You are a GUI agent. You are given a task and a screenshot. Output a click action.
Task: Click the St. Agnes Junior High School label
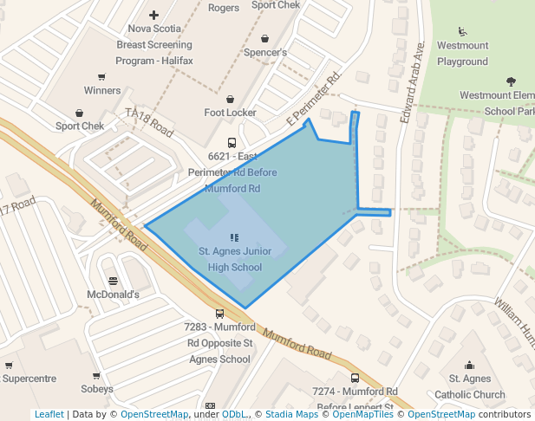pyautogui.click(x=234, y=259)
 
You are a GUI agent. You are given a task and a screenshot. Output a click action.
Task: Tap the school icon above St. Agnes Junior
pyautogui.click(x=234, y=236)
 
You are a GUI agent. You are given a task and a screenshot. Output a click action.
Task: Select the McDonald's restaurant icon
pyautogui.click(x=113, y=280)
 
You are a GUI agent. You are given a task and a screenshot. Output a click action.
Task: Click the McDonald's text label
pyautogui.click(x=113, y=295)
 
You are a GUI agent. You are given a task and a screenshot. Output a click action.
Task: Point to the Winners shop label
pyautogui.click(x=102, y=90)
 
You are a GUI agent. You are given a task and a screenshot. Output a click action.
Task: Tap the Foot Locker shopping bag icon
pyautogui.click(x=231, y=99)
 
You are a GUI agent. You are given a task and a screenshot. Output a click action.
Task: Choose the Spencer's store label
pyautogui.click(x=264, y=52)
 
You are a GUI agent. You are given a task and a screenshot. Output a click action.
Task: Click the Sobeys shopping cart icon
pyautogui.click(x=97, y=375)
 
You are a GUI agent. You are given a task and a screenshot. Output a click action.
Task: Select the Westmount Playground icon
pyautogui.click(x=463, y=32)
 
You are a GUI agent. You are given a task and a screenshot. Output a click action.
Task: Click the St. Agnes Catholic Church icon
pyautogui.click(x=469, y=365)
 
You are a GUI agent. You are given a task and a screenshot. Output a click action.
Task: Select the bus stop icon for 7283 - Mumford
pyautogui.click(x=219, y=314)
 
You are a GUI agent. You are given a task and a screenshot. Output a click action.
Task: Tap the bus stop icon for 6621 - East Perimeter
pyautogui.click(x=232, y=143)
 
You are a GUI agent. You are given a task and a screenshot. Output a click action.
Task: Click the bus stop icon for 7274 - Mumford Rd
pyautogui.click(x=355, y=378)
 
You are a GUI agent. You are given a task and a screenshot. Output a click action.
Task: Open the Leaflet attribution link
pyautogui.click(x=49, y=415)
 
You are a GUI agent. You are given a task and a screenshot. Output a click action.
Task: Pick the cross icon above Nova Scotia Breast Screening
pyautogui.click(x=154, y=15)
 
